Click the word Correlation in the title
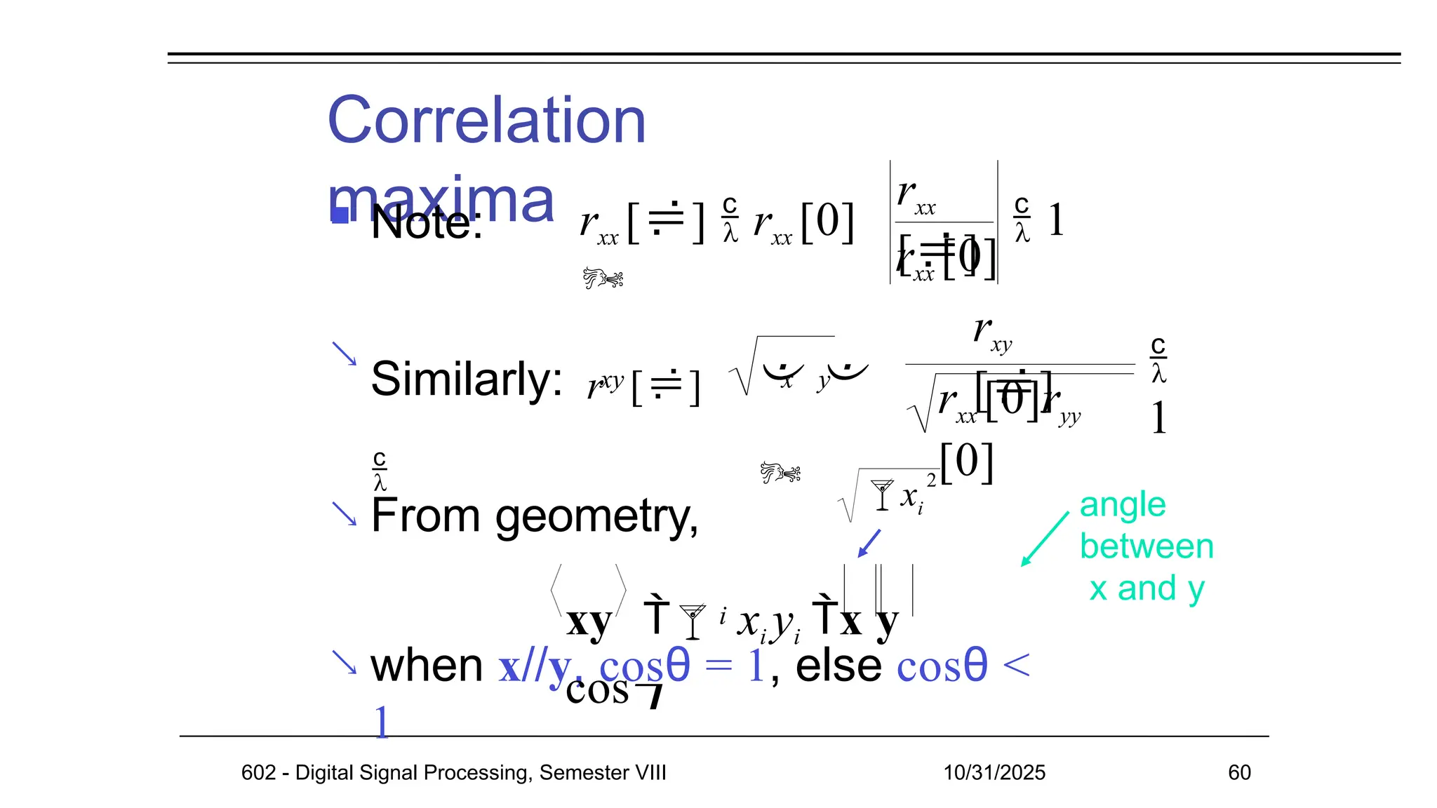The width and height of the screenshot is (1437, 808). [486, 121]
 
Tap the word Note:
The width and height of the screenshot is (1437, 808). [427, 223]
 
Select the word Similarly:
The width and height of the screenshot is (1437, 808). [466, 379]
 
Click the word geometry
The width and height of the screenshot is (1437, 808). [596, 517]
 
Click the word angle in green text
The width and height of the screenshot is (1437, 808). [1123, 505]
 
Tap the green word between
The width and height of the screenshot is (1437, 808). [1147, 546]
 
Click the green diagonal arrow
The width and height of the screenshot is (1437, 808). [1045, 539]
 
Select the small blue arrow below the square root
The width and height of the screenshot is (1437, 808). [869, 544]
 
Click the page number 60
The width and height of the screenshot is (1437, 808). [1239, 772]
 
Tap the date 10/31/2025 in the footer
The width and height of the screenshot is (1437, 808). [994, 772]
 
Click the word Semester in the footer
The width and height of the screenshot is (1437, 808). [575, 772]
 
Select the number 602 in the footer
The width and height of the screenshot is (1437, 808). [258, 772]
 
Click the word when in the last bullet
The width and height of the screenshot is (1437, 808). [427, 665]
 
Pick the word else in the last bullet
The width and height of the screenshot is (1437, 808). [838, 665]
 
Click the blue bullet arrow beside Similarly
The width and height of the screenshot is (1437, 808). [344, 353]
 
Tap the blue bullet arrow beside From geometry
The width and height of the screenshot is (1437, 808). [344, 513]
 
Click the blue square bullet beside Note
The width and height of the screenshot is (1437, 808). [340, 215]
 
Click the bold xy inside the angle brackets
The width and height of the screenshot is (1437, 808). [589, 621]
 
